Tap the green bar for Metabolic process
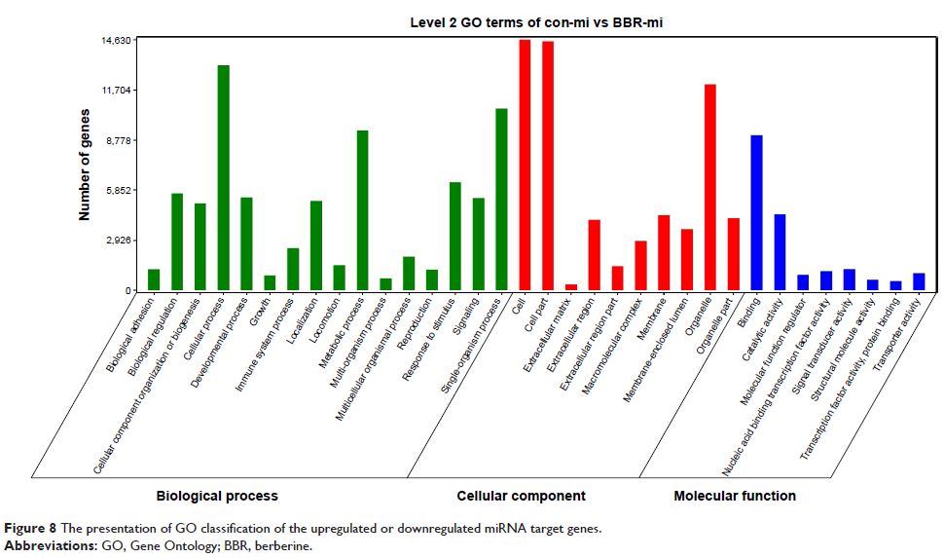362,210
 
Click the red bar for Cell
525,165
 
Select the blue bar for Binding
756,212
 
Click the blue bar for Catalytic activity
780,252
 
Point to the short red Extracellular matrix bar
571,287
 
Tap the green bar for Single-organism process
501,199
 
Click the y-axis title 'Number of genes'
85,166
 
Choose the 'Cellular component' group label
521,496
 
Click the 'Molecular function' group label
734,496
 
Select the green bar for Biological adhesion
154,279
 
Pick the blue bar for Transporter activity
918,281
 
